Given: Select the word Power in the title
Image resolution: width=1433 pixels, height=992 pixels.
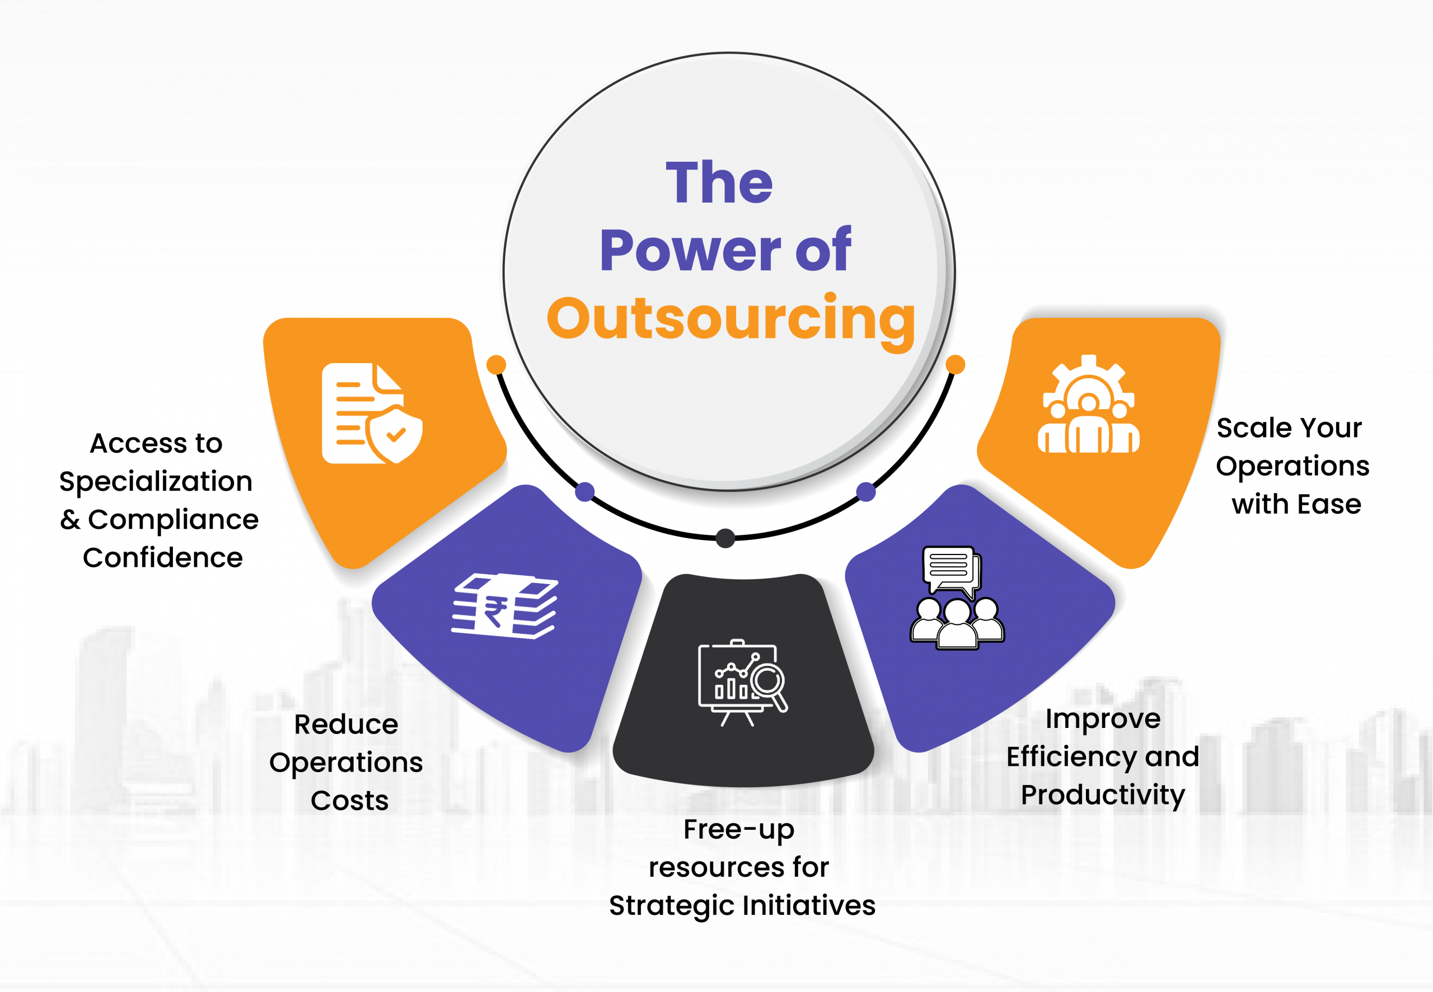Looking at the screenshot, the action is coord(691,251).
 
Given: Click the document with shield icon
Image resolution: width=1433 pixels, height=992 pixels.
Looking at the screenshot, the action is coord(372,413).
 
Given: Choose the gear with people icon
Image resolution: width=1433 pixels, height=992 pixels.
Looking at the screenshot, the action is coord(1088,403).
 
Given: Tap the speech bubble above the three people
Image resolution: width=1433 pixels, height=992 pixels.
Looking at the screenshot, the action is coord(951,571).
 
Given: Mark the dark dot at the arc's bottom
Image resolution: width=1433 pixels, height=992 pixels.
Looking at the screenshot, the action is coord(725,538).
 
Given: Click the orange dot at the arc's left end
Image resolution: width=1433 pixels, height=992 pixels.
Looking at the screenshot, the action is coord(496,365).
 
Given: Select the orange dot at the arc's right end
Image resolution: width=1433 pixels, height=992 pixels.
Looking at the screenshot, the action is coord(955,365).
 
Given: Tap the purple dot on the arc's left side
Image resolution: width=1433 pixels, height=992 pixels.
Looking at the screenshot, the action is coord(584,492).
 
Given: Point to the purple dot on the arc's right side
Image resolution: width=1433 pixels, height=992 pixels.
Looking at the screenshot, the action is coord(866,492).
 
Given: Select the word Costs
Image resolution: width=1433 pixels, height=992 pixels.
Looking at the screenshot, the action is coord(349,801).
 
